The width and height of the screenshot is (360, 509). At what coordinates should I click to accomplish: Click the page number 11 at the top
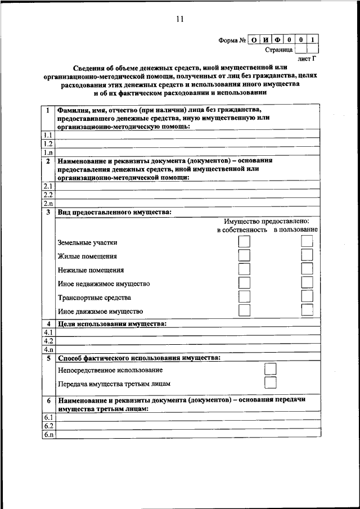[x=179, y=19]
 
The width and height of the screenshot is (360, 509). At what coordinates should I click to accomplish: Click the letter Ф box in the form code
[x=277, y=40]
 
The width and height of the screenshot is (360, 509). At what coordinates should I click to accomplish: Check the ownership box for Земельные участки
[x=244, y=242]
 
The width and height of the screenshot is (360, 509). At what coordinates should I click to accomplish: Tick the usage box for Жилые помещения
[x=307, y=255]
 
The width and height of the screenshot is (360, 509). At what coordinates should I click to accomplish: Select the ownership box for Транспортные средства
[x=244, y=296]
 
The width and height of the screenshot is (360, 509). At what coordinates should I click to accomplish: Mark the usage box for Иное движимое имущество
[x=307, y=310]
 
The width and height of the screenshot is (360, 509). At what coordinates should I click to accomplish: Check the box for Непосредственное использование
[x=271, y=370]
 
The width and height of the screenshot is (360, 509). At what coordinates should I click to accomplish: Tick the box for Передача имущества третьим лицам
[x=271, y=384]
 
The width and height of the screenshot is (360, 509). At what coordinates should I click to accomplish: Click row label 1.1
[x=48, y=136]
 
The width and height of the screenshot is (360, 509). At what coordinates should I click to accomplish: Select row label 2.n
[x=48, y=203]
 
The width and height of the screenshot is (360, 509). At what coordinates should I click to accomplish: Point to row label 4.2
[x=48, y=341]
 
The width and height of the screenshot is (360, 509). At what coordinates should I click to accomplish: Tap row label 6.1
[x=48, y=417]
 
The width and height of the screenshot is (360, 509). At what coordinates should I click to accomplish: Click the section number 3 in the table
[x=49, y=212]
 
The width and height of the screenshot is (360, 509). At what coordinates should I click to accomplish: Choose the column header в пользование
[x=295, y=229]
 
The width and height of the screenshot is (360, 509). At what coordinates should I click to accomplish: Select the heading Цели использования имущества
[x=112, y=324]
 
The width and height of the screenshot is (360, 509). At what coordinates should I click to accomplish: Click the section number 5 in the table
[x=49, y=358]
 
